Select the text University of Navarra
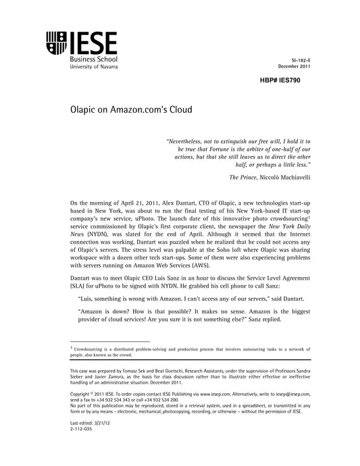93,68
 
